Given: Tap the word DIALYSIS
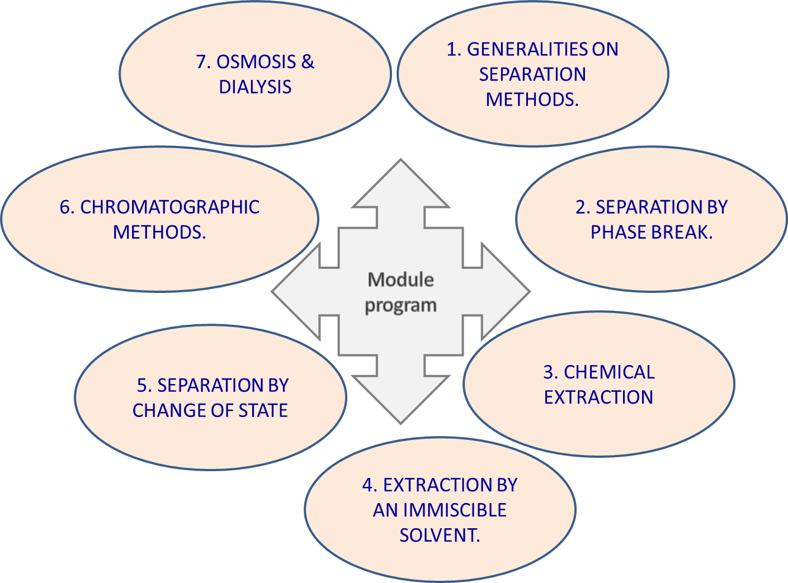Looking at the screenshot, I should point(255,87).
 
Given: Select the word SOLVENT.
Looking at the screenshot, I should point(440,535).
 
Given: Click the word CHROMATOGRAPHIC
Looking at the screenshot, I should point(169,207).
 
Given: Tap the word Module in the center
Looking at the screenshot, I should point(400,279).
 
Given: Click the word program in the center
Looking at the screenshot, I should point(400,306).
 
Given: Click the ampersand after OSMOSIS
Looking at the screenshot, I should point(308,61).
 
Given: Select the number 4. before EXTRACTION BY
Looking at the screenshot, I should point(370,485).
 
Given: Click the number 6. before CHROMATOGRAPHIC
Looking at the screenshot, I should point(67,207).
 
